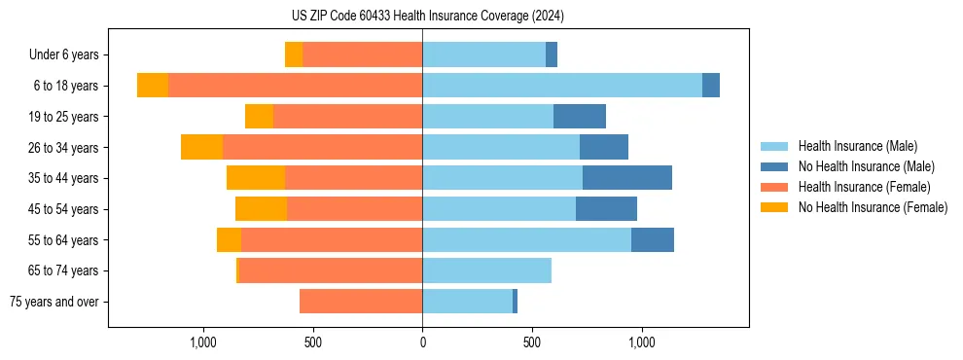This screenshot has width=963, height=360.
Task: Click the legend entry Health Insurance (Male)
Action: pyautogui.click(x=857, y=146)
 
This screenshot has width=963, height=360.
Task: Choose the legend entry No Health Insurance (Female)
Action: pyautogui.click(x=873, y=207)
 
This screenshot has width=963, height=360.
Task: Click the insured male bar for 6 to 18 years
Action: pyautogui.click(x=562, y=86)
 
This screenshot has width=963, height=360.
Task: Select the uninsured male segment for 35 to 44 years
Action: pyautogui.click(x=627, y=178)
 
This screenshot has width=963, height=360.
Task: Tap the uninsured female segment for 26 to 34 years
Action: pyautogui.click(x=201, y=147)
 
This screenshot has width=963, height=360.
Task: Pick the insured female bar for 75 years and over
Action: pyautogui.click(x=361, y=302)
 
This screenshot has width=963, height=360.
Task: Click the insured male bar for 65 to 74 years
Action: pyautogui.click(x=486, y=270)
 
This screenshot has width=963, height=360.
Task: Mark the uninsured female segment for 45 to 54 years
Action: pyautogui.click(x=261, y=209)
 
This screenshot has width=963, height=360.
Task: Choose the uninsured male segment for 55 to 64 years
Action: pyautogui.click(x=653, y=239)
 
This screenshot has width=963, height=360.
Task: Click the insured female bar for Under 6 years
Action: pyautogui.click(x=362, y=54)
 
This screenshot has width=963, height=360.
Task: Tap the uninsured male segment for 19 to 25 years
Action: pyautogui.click(x=580, y=117)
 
